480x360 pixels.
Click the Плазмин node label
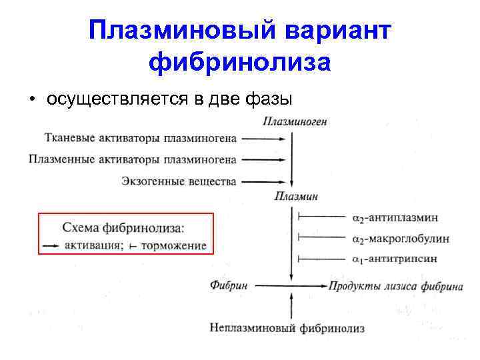(x=296, y=196)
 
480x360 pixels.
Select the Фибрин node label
(x=229, y=285)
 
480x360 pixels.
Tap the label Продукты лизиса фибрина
(x=395, y=286)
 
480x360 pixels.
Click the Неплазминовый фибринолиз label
(x=287, y=328)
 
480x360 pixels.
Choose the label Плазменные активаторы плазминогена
(x=133, y=159)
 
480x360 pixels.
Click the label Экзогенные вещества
(x=179, y=181)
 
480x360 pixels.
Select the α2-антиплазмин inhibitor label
(x=395, y=217)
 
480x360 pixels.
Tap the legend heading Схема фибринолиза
(x=123, y=227)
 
